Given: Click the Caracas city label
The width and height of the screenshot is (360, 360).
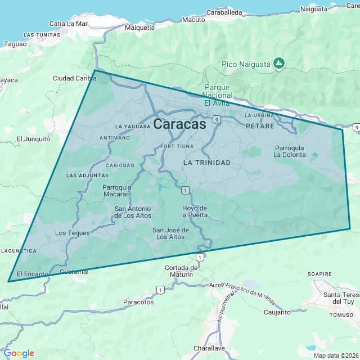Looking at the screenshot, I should (x=179, y=124).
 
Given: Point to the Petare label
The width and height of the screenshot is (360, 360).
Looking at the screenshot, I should (x=260, y=126).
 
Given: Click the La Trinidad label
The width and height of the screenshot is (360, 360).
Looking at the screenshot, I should (x=207, y=162).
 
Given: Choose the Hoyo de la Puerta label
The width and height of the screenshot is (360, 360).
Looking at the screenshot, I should (x=195, y=211).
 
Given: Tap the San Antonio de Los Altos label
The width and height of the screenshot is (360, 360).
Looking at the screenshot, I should (x=133, y=212).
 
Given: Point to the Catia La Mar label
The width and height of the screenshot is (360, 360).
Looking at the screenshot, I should (x=69, y=24).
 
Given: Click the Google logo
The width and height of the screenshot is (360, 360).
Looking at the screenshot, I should (x=19, y=353).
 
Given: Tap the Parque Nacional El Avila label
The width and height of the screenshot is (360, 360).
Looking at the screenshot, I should (x=217, y=95).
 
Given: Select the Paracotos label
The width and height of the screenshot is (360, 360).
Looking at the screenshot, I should (x=138, y=302).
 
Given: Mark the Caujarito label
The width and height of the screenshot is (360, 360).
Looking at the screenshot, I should (x=277, y=312).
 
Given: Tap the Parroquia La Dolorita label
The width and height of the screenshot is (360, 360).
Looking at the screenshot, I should (x=289, y=151).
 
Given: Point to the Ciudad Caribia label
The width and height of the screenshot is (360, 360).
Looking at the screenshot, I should (x=75, y=78).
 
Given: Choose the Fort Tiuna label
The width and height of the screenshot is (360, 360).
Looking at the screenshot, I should (x=177, y=146).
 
